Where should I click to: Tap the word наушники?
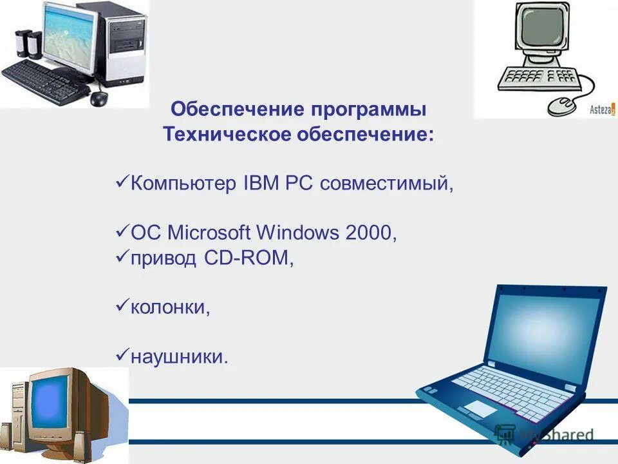click(179, 355)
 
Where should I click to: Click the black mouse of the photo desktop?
click(98, 98)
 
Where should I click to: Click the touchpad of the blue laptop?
click(480, 408)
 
